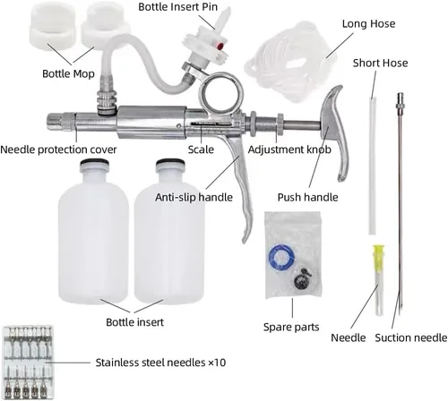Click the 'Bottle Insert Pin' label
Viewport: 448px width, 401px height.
coord(177,6)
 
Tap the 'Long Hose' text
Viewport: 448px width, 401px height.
coord(368,23)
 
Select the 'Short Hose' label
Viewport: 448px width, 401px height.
coord(380,63)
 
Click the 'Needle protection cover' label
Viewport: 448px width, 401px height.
coord(58,149)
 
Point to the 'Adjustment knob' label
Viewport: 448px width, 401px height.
coord(289,149)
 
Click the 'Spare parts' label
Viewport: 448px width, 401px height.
coord(291,327)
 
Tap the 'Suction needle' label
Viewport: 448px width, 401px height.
coord(411,337)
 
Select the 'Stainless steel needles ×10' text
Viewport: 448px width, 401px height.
coord(160,363)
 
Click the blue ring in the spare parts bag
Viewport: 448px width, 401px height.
coord(281,257)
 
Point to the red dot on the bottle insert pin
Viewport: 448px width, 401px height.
coord(220,46)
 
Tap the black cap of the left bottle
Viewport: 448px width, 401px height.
coord(94,163)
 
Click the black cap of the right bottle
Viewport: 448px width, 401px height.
coord(170,163)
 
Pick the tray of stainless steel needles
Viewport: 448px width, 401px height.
coord(28,363)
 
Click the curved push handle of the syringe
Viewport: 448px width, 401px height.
coord(337,132)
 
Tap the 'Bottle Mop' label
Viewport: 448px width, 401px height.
coord(68,73)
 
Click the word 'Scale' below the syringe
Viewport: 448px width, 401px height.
coord(201,149)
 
